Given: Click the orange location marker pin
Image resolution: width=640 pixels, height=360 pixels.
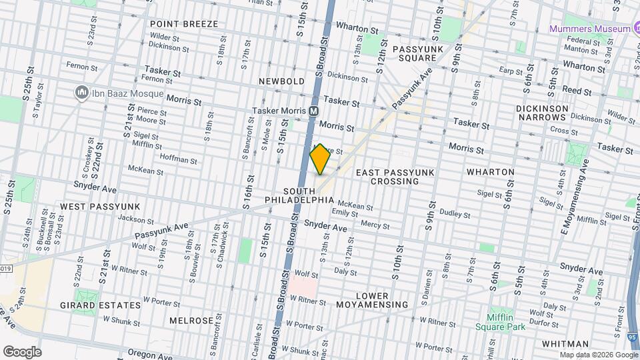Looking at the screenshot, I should tap(320, 159).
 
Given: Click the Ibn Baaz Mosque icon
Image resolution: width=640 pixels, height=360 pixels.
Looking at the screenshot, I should tap(83, 91).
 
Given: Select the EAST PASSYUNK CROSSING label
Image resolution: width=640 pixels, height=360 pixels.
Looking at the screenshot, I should tap(395, 177).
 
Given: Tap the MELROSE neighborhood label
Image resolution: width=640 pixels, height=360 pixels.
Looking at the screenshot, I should tap(191, 321).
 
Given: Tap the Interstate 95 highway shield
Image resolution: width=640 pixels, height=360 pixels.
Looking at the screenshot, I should tap(631, 339).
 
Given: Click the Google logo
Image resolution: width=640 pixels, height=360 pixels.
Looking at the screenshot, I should tap(22, 351).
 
